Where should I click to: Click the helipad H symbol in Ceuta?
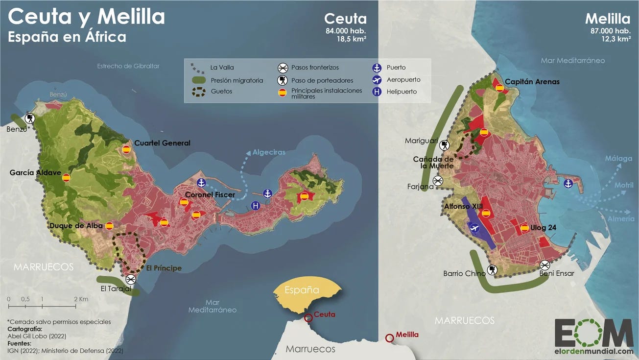point(255,206)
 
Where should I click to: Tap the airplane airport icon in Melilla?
point(474,227)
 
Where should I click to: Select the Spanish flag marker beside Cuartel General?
point(126,149)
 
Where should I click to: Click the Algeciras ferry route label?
point(269,152)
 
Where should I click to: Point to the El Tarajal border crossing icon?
point(130,279)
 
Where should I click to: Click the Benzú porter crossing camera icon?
point(30,119)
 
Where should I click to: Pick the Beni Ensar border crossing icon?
point(545,265)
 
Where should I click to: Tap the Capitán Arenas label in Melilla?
point(532,81)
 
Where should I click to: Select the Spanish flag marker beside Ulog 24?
point(524,228)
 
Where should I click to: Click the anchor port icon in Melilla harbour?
point(568,184)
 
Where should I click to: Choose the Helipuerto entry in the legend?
point(402,92)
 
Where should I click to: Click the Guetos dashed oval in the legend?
point(199,92)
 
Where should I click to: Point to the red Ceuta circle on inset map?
point(308,317)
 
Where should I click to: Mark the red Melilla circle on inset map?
point(389,337)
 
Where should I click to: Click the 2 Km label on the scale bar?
point(81,299)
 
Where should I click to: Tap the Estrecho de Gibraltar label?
point(128,66)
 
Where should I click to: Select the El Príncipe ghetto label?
point(164,268)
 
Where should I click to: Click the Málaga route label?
point(618,159)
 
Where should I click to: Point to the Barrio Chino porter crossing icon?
point(493,269)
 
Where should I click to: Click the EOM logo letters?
point(593,333)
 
